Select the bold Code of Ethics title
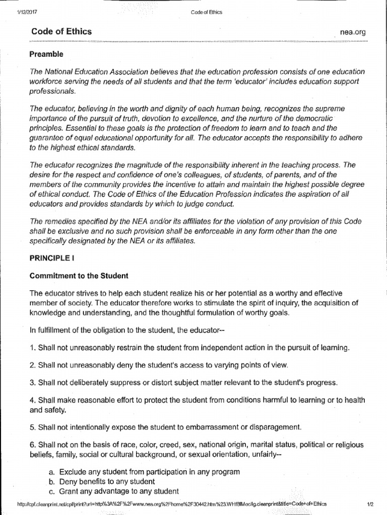60,31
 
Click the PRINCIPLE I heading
52,258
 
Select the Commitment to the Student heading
79,276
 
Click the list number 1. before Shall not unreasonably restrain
33,348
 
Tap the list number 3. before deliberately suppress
33,382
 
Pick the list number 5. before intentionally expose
33,427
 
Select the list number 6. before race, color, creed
33,445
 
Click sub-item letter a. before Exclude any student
52,472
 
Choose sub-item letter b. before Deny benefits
52,481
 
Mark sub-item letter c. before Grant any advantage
52,491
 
